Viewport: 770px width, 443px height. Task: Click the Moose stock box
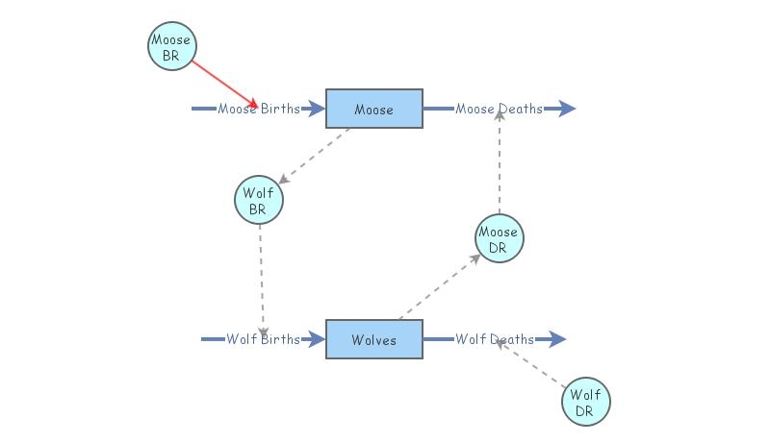pyautogui.click(x=373, y=109)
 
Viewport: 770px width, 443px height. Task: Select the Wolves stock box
pyautogui.click(x=373, y=339)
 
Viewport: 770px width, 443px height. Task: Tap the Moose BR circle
pyautogui.click(x=171, y=46)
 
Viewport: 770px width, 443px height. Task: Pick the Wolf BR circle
pyautogui.click(x=258, y=200)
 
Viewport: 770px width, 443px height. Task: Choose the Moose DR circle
pyautogui.click(x=499, y=238)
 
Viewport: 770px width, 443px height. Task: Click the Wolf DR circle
pyautogui.click(x=586, y=402)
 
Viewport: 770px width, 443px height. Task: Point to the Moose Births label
pyautogui.click(x=258, y=109)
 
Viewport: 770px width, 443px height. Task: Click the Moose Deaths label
pyautogui.click(x=499, y=109)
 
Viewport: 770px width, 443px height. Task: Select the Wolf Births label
pyautogui.click(x=263, y=339)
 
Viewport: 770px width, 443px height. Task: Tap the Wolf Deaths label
pyautogui.click(x=495, y=339)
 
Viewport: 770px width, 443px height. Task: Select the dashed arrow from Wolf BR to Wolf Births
pyautogui.click(x=261, y=279)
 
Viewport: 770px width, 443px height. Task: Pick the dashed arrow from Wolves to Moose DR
pyautogui.click(x=439, y=287)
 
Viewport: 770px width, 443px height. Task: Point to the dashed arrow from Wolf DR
pyautogui.click(x=531, y=363)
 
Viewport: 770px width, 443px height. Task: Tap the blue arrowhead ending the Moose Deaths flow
pyautogui.click(x=565, y=109)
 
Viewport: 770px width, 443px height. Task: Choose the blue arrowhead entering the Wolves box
pyautogui.click(x=316, y=339)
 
